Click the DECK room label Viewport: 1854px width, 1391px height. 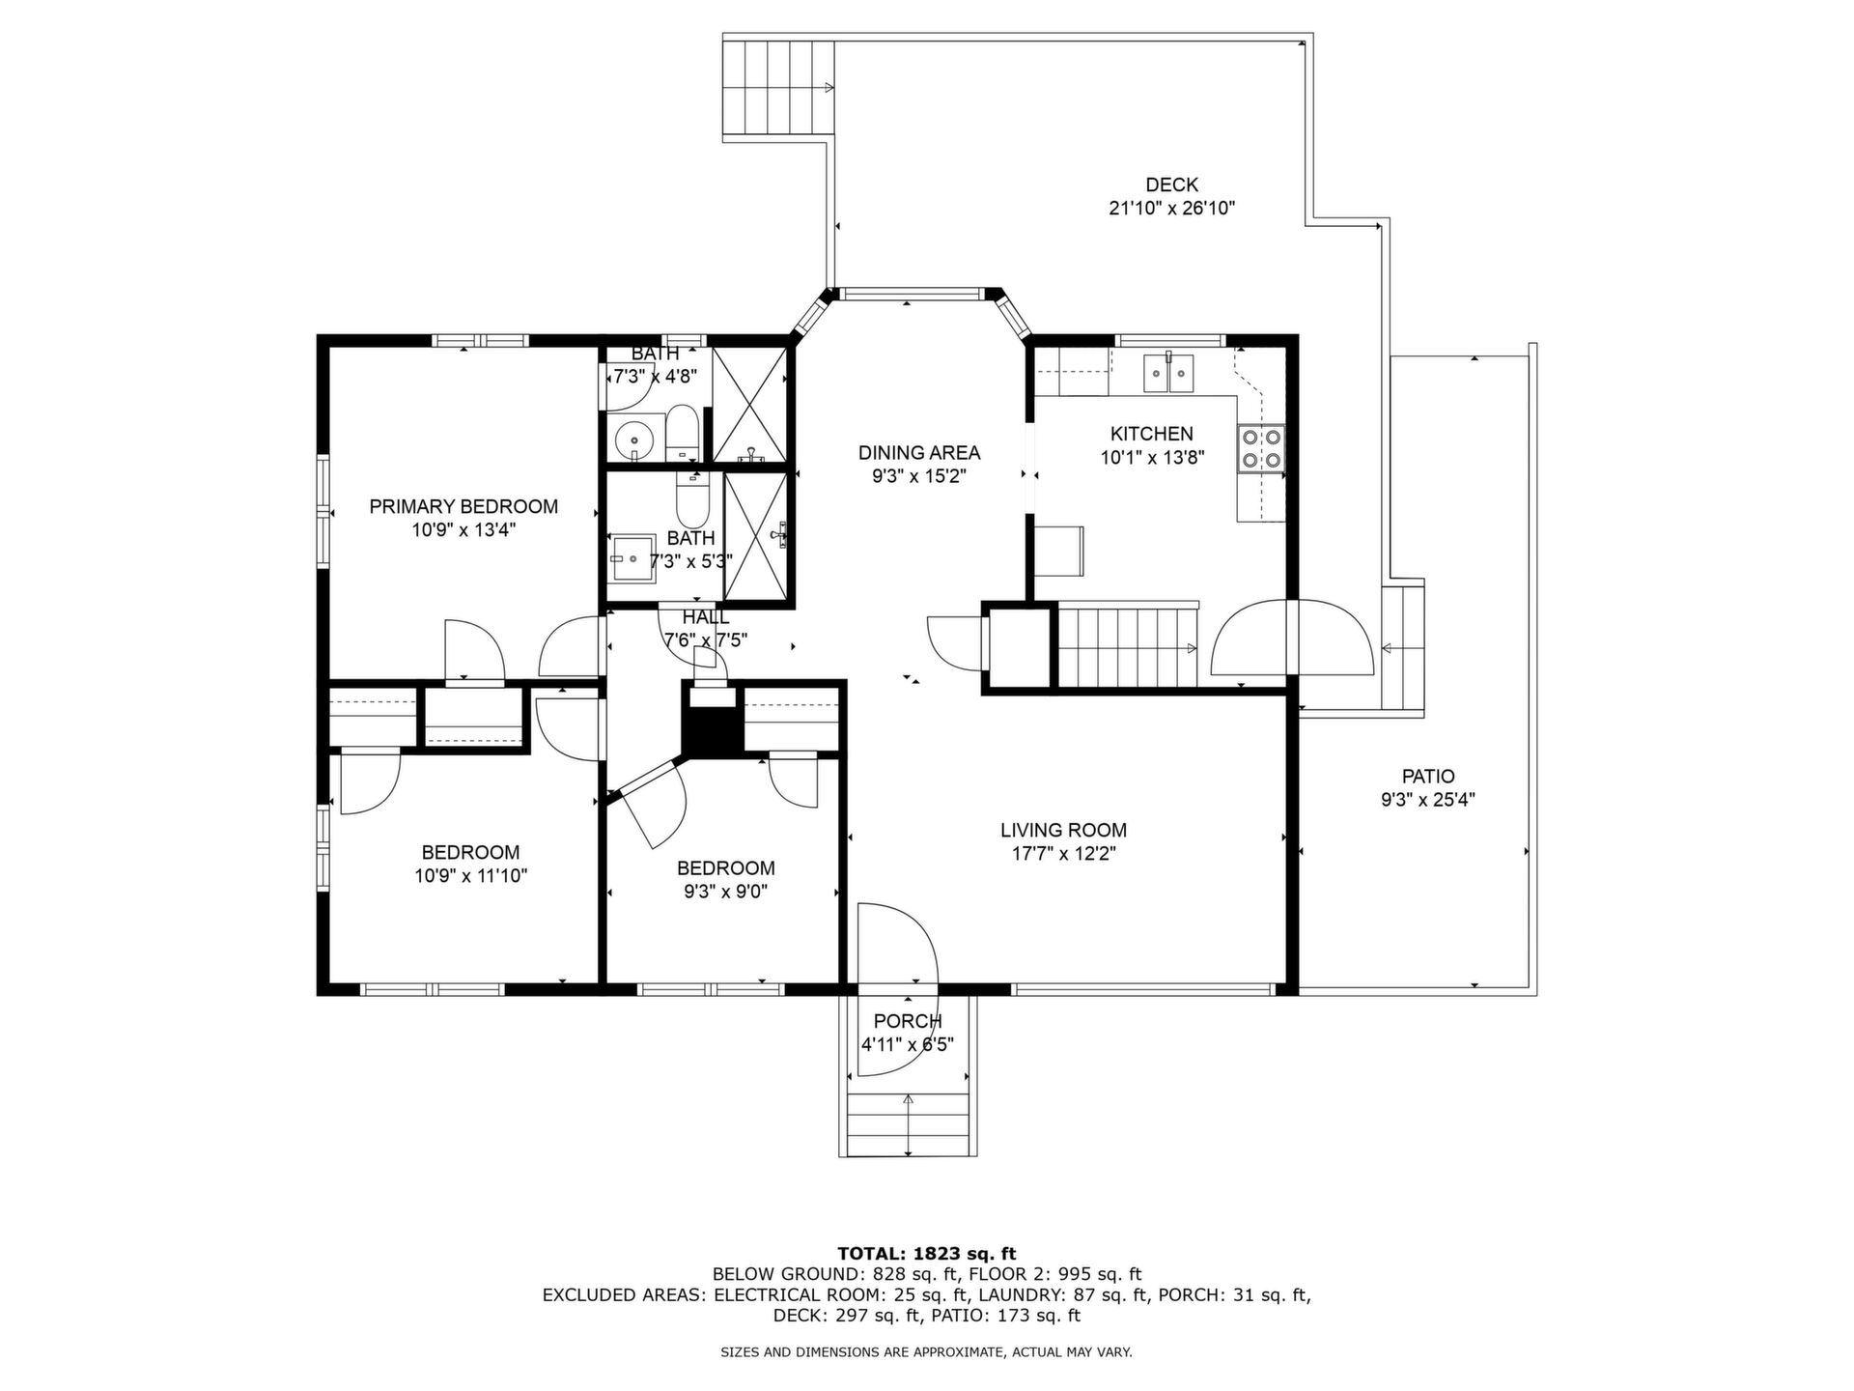pos(1171,185)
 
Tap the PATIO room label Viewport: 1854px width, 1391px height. pos(1428,776)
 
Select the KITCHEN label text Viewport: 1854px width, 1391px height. pos(1151,434)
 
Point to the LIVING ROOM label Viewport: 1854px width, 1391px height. pos(1063,830)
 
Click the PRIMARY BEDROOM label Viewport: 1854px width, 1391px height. pos(463,506)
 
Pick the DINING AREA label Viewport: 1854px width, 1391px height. pos(919,452)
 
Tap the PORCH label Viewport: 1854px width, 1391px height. pos(908,1021)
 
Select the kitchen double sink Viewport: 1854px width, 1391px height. pos(1168,373)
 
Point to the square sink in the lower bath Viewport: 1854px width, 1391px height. pos(632,558)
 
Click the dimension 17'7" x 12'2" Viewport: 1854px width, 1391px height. pos(1063,853)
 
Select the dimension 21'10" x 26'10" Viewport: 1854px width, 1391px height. pos(1172,208)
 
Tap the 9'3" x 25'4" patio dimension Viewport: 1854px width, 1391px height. pos(1428,799)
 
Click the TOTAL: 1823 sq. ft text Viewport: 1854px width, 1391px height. pos(927,1255)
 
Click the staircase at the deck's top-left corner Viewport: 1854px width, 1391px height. pos(777,88)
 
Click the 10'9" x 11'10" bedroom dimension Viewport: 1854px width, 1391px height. pos(471,876)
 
